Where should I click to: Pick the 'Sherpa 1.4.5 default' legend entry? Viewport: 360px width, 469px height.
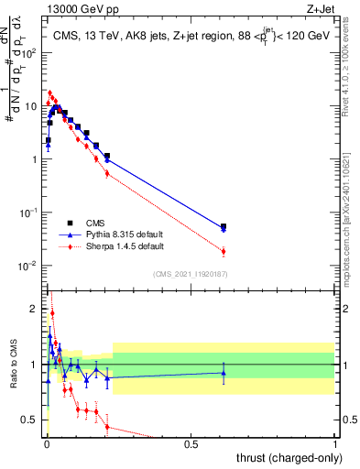pos(118,246)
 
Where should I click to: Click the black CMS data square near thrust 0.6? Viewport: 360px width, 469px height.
pos(224,226)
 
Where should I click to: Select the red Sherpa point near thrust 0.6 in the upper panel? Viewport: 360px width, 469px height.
pos(224,252)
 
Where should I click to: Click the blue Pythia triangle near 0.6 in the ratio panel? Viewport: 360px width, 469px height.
pos(224,373)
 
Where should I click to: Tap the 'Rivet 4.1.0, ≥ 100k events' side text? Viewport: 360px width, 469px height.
pos(352,78)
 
